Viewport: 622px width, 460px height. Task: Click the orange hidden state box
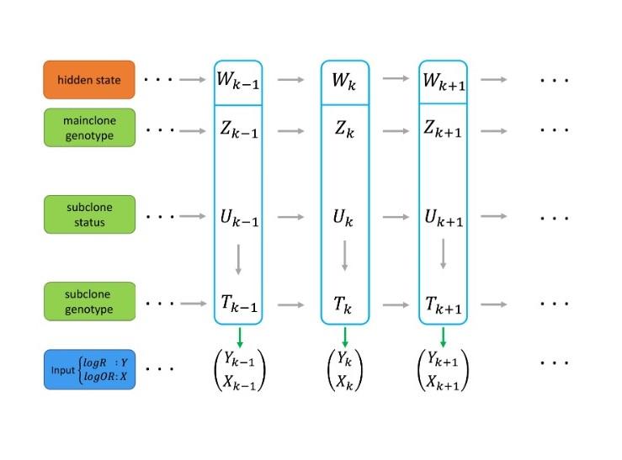89,80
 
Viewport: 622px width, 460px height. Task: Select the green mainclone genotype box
89,128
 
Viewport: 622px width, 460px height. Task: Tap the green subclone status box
89,214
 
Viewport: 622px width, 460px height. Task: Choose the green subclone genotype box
89,301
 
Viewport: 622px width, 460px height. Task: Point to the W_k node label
344,82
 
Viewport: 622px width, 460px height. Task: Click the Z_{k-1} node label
238,130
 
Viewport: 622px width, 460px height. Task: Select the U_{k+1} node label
443,217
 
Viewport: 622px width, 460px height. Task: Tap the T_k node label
344,304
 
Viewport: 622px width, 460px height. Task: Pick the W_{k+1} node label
443,82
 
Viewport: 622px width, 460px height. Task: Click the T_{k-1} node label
238,304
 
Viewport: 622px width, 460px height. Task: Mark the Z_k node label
344,130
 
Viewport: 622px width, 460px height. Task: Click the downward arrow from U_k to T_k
344,257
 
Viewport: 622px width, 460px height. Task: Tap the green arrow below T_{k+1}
443,336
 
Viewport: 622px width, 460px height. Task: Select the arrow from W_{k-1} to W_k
290,80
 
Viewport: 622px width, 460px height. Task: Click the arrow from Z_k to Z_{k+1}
395,130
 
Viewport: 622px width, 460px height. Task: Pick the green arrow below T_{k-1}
239,336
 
